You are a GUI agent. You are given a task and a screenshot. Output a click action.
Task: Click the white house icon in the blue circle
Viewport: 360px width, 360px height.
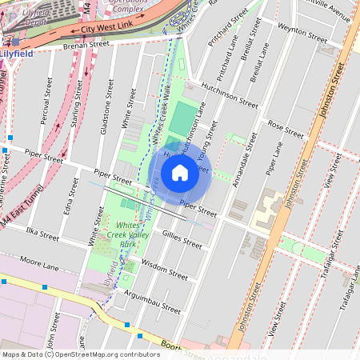click(180, 173)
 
